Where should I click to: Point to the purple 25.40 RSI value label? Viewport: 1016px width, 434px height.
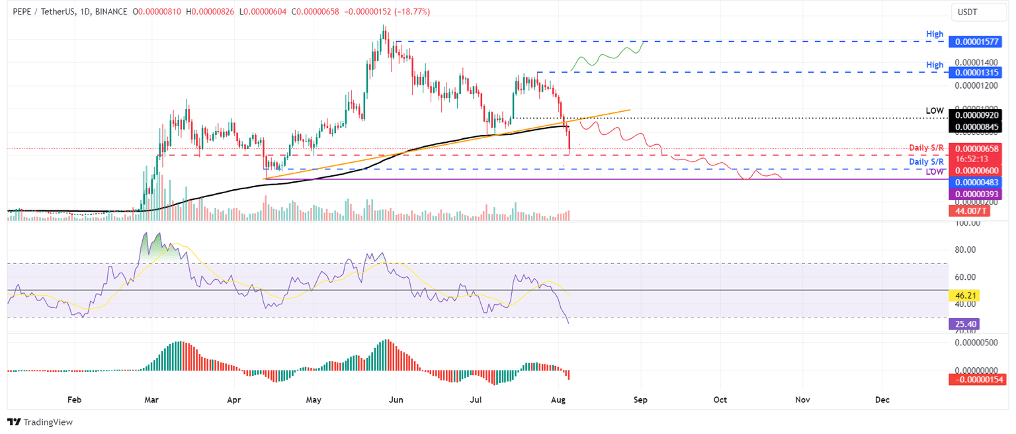[x=962, y=324]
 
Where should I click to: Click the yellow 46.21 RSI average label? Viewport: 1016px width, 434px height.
[x=962, y=295]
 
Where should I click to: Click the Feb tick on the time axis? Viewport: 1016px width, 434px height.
[x=74, y=400]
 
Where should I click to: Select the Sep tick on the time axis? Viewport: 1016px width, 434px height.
[x=640, y=400]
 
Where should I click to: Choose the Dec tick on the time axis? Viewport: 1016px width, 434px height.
[x=882, y=400]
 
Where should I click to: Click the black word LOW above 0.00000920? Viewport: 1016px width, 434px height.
[x=934, y=110]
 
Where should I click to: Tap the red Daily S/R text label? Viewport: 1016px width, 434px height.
[x=926, y=148]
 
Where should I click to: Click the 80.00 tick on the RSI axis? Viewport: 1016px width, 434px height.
[x=967, y=250]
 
